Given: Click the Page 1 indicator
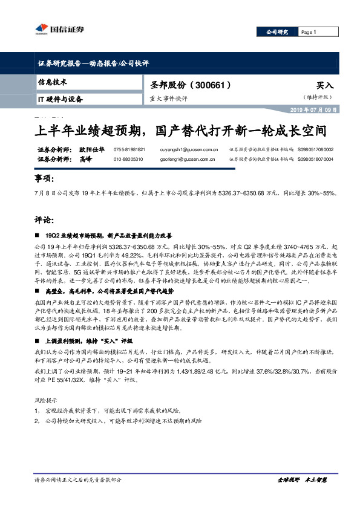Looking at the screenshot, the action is (308, 32).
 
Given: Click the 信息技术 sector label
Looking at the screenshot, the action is (52, 82).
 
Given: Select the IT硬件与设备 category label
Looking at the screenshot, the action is (60, 98).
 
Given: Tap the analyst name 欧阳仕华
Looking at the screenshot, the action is (91, 149).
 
